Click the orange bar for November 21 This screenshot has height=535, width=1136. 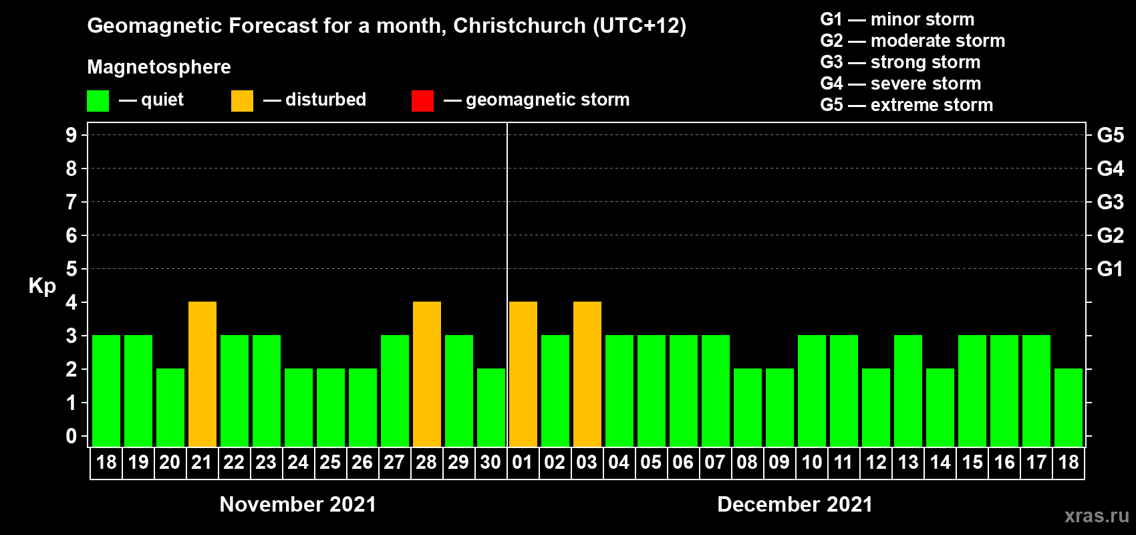[x=202, y=374]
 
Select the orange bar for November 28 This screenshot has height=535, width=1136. [x=427, y=374]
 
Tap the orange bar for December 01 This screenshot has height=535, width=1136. [x=523, y=374]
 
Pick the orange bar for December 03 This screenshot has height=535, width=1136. [x=587, y=374]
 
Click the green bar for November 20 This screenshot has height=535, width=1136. [x=170, y=407]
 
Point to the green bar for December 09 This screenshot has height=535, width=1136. [x=780, y=407]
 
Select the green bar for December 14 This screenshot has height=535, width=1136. [x=940, y=407]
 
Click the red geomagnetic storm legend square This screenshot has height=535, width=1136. [x=422, y=101]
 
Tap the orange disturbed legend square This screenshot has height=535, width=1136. [x=242, y=101]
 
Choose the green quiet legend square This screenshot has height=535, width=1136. [x=98, y=101]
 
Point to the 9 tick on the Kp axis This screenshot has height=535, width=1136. [x=72, y=135]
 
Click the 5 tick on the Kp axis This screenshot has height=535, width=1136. [x=72, y=269]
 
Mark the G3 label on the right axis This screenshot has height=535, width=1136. [x=1110, y=202]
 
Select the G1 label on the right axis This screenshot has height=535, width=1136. [x=1110, y=269]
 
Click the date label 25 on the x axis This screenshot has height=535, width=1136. [x=330, y=462]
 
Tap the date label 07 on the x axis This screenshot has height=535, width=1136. [x=715, y=462]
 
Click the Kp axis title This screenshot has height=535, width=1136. [x=42, y=286]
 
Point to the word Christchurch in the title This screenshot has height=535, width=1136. [x=519, y=25]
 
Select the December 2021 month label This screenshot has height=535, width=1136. [x=795, y=504]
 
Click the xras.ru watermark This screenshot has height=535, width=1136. [x=1097, y=516]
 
